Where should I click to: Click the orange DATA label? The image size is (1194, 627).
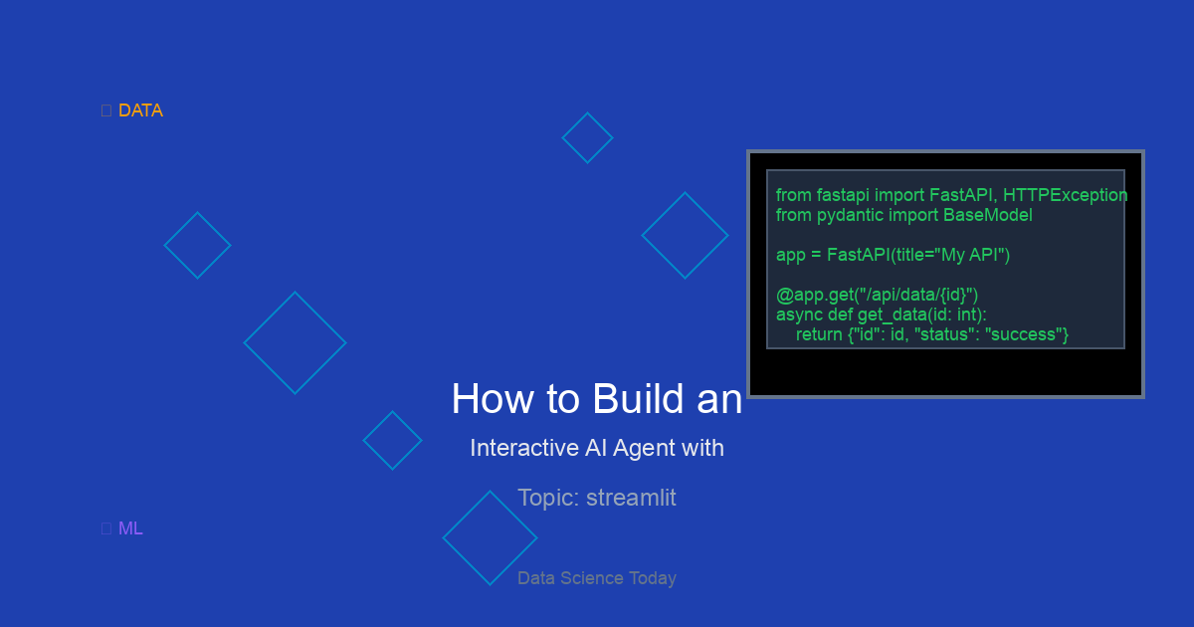[140, 110]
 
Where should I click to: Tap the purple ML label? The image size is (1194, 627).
[130, 528]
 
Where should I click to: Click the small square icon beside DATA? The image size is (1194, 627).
[106, 110]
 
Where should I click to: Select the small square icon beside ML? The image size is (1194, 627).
[106, 528]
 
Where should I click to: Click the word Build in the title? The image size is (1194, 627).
[638, 398]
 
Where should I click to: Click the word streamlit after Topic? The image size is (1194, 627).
[631, 498]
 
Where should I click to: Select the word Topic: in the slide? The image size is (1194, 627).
[548, 498]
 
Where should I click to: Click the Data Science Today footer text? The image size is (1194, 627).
[597, 578]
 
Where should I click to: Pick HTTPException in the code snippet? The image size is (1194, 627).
[1065, 195]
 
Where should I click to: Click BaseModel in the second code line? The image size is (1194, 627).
[988, 215]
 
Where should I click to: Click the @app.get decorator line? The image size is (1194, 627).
[877, 295]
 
